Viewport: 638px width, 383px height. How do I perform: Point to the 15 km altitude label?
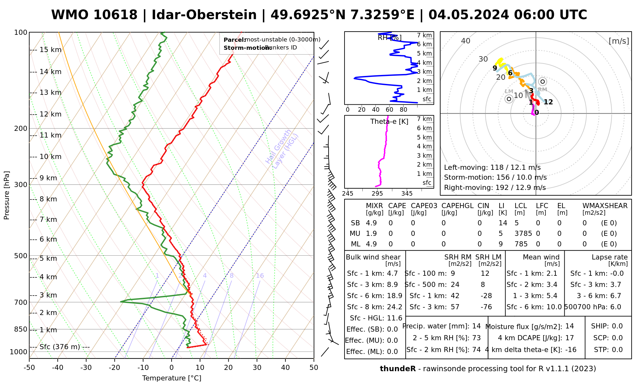point(50,50)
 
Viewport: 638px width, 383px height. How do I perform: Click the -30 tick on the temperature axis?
point(86,368)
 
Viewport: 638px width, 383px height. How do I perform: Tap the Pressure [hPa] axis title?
point(7,195)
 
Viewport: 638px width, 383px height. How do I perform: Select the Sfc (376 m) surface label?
point(60,347)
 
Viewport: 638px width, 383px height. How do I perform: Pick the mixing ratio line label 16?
point(260,276)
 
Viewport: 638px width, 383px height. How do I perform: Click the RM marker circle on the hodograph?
point(542,81)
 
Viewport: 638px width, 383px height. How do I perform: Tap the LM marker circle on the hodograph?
point(509,99)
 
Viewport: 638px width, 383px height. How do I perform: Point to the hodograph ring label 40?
point(466,41)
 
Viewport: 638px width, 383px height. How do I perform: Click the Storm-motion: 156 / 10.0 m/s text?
point(495,177)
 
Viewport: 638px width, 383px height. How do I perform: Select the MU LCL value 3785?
point(523,234)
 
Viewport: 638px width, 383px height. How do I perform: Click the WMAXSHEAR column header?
point(605,206)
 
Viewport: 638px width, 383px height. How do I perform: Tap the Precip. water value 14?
point(476,326)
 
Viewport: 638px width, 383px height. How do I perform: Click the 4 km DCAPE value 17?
point(569,338)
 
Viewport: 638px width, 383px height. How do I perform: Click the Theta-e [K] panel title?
point(389,122)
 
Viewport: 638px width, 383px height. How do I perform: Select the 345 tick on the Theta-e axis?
point(407,194)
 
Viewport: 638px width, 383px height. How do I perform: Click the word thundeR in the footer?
point(397,369)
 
